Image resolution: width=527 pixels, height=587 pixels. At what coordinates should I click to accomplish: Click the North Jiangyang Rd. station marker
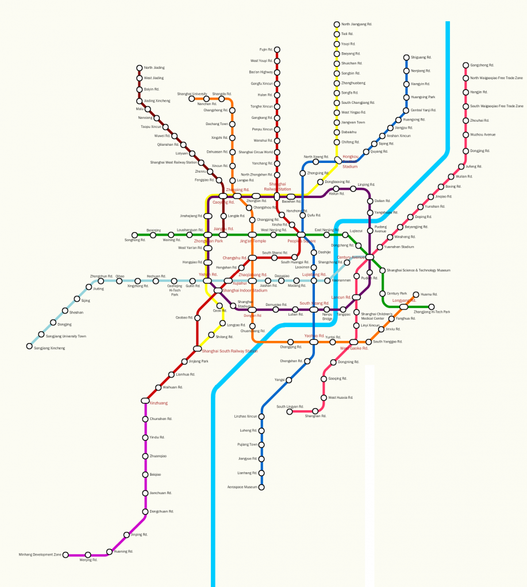(337, 24)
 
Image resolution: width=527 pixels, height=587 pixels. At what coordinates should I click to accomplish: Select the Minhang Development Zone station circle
(66, 555)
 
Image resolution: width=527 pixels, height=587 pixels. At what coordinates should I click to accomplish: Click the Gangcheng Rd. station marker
(466, 65)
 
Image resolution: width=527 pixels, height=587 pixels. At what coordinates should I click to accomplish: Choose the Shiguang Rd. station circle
(406, 57)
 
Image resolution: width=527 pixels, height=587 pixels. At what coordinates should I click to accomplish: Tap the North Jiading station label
(153, 68)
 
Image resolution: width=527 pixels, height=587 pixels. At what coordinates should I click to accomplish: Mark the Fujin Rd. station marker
(277, 49)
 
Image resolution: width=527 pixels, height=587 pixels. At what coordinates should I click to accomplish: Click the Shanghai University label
(192, 94)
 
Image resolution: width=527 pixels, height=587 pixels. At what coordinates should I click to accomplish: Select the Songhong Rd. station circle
(134, 235)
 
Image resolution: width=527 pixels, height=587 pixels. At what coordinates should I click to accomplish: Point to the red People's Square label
(302, 241)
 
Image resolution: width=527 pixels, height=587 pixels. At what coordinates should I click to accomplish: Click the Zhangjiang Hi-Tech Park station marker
(432, 306)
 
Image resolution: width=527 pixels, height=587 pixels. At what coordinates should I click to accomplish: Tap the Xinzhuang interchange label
(158, 403)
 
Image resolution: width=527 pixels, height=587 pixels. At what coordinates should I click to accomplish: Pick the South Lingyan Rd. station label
(290, 407)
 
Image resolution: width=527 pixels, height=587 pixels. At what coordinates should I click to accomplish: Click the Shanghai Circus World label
(256, 152)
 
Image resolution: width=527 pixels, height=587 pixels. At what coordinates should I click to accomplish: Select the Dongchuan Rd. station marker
(145, 511)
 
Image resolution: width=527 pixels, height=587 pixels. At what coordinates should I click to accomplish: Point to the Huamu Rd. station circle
(416, 295)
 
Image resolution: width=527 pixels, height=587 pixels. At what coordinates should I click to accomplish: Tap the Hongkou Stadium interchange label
(350, 161)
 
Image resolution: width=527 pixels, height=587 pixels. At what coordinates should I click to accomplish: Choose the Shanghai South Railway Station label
(229, 351)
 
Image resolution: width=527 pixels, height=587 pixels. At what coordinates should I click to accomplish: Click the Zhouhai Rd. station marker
(466, 120)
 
